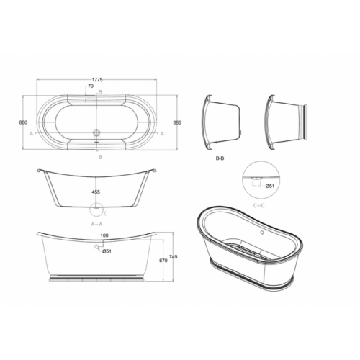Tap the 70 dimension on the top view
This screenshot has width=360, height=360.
(x=90, y=87)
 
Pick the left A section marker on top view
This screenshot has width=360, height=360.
(x=30, y=133)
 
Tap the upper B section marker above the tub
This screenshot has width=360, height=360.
(x=100, y=92)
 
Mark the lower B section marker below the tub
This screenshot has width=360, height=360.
(x=100, y=156)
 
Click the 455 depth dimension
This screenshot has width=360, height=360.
(x=95, y=192)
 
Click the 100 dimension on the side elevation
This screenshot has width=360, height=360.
(x=104, y=236)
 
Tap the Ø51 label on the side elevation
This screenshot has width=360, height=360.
(x=106, y=251)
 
